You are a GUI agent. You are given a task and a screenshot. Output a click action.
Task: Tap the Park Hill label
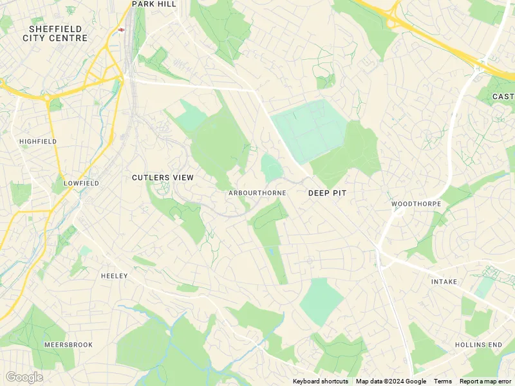[x=154, y=4]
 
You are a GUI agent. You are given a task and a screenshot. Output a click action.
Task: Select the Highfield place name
[x=38, y=141]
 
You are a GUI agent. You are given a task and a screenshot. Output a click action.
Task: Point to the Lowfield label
[x=81, y=183]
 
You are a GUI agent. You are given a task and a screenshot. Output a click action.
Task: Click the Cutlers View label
[x=163, y=178]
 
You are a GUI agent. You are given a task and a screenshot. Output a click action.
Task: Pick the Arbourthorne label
[x=257, y=193]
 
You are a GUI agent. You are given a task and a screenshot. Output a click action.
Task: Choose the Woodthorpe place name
[x=416, y=204]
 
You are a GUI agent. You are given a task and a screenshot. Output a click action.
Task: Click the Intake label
[x=444, y=282]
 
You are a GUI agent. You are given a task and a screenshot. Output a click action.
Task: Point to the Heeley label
[x=115, y=276]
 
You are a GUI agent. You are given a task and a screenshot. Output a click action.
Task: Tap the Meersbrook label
[x=68, y=345]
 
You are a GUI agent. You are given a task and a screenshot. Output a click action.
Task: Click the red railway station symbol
[x=121, y=30]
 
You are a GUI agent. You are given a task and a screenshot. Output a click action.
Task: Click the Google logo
[x=24, y=377]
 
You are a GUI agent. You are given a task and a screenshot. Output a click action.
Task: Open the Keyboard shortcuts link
[x=320, y=381]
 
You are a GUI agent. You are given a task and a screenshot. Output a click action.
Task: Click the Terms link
[x=442, y=381]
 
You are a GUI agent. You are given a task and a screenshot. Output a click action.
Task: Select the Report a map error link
[x=485, y=381]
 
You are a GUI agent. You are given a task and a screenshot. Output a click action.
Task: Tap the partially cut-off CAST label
[x=503, y=96]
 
